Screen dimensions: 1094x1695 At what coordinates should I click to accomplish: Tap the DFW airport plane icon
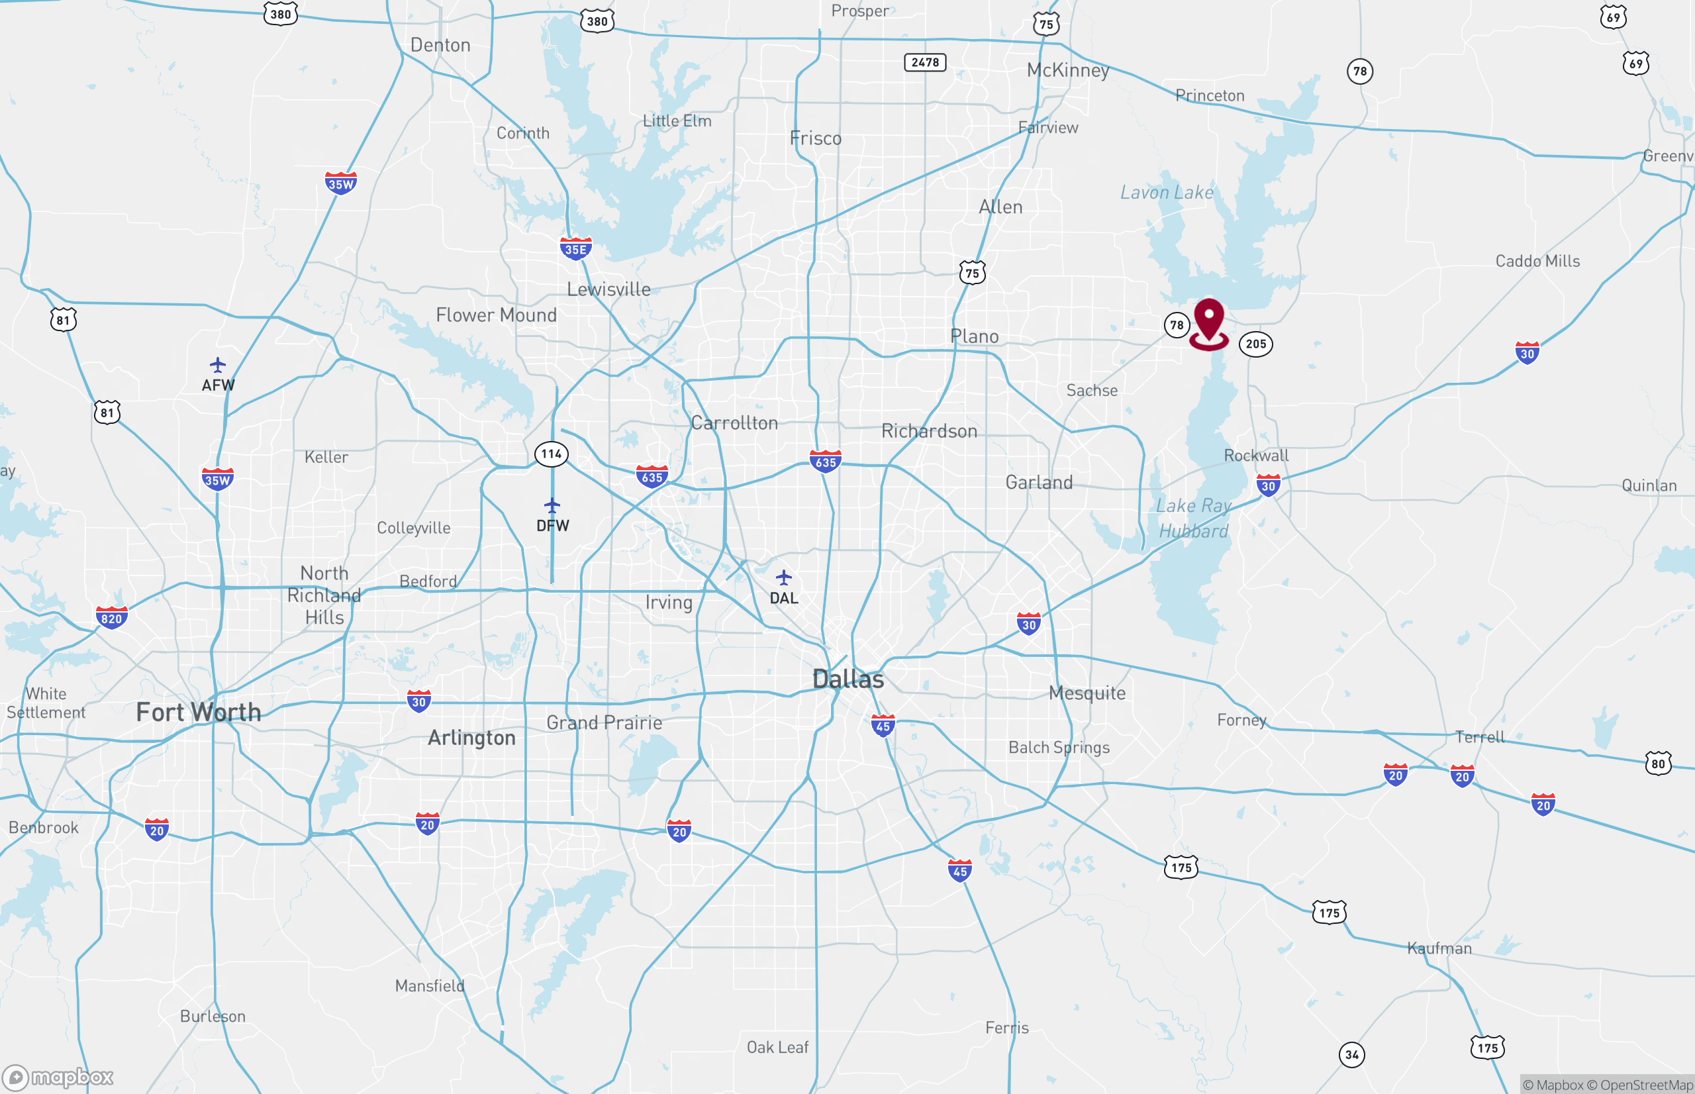[x=552, y=506]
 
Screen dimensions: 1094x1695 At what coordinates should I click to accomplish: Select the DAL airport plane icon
[x=783, y=577]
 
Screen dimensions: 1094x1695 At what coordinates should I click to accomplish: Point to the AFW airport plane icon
[x=217, y=365]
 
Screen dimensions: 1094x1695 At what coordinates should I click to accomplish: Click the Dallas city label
[x=848, y=679]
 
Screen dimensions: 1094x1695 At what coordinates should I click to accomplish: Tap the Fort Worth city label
[x=198, y=712]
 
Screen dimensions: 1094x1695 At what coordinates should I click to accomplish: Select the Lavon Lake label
[x=1166, y=193]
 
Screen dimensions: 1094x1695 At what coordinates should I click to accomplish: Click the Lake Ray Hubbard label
[x=1193, y=519]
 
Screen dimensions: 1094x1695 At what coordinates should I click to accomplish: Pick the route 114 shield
[x=551, y=454]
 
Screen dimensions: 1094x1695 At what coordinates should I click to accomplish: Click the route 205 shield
[x=1255, y=344]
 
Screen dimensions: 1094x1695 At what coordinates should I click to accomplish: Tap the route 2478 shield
[x=924, y=62]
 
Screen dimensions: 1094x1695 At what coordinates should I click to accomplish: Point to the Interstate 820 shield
[x=111, y=617]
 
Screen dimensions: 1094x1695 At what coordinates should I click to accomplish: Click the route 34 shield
[x=1351, y=1055]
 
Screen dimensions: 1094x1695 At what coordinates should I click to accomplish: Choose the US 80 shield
[x=1658, y=764]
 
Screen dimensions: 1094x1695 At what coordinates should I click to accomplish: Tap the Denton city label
[x=440, y=46]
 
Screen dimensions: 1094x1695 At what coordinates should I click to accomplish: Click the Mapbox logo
[x=58, y=1077]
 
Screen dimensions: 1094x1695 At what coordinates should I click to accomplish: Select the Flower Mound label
[x=496, y=315]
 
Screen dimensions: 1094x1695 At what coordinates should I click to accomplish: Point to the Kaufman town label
[x=1439, y=948]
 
